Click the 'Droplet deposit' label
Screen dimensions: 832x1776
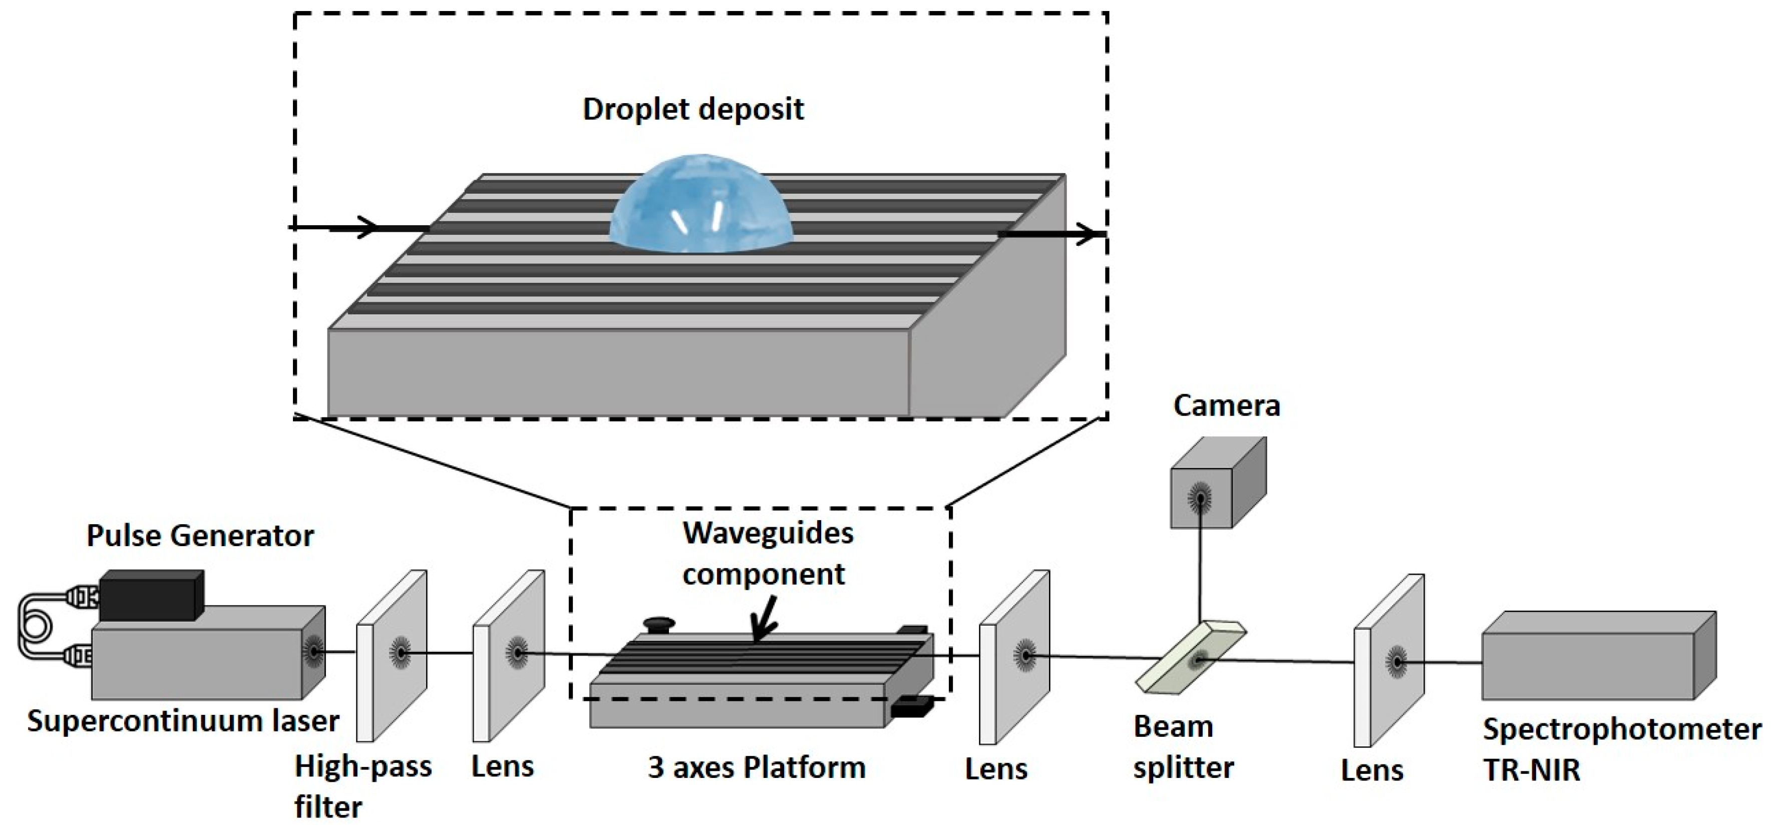click(x=693, y=110)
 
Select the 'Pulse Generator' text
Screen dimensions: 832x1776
click(x=200, y=536)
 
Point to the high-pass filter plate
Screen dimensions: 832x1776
click(x=391, y=655)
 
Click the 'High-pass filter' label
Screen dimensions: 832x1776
click(x=362, y=786)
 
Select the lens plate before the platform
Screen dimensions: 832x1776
click(x=508, y=655)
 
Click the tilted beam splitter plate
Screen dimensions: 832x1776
click(x=1191, y=658)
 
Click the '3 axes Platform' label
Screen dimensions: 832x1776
click(x=757, y=767)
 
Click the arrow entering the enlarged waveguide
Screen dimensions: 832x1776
click(x=359, y=227)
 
